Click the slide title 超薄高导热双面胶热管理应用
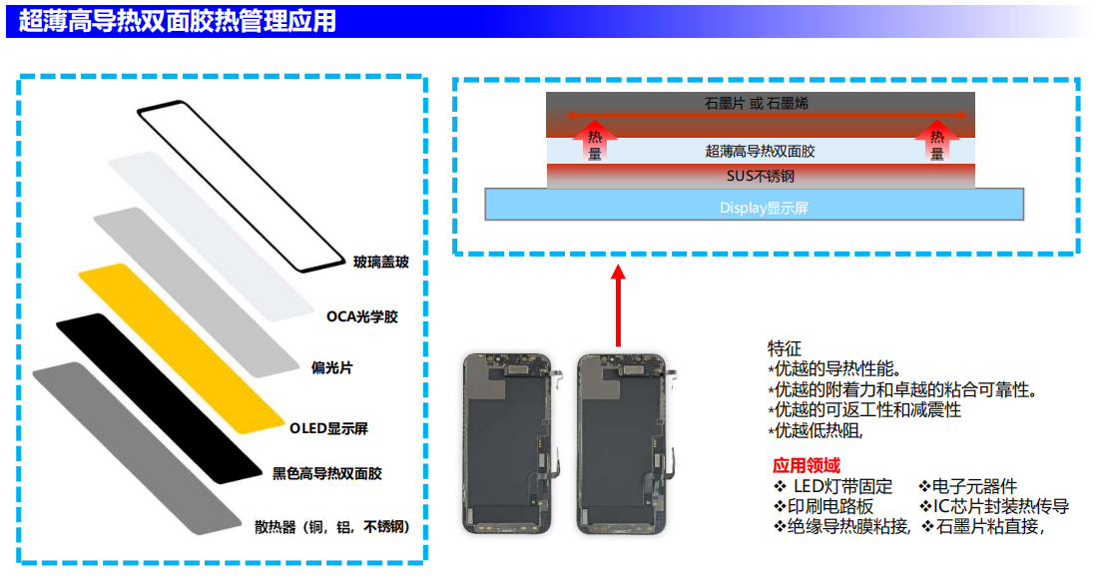tap(178, 20)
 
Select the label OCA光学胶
tap(361, 316)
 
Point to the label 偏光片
tap(331, 367)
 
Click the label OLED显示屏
tap(328, 428)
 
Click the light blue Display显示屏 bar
tap(754, 206)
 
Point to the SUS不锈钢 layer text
tap(760, 177)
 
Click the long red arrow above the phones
tap(618, 305)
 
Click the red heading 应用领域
tap(806, 465)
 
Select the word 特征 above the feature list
tap(784, 348)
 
